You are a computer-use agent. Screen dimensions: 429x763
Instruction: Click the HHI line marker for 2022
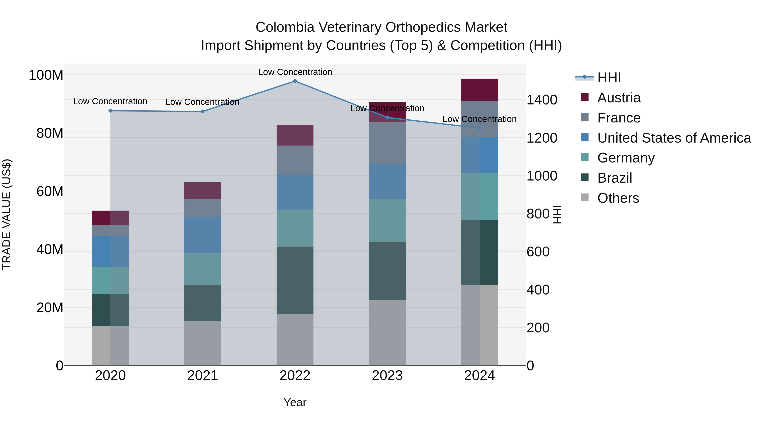pos(295,81)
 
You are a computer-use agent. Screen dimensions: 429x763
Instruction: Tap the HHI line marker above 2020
pos(110,111)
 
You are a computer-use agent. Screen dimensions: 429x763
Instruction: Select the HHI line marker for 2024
pos(480,128)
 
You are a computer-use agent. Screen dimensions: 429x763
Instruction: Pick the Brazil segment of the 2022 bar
pos(295,280)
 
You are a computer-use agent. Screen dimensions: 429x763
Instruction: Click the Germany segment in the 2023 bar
pos(387,220)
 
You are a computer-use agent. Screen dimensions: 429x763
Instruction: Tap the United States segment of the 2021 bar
pos(203,235)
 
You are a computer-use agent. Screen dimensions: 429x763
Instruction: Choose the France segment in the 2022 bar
pos(295,160)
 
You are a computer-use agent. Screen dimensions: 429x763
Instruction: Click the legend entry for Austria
pos(619,98)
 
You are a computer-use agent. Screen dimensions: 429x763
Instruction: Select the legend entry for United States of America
pos(674,138)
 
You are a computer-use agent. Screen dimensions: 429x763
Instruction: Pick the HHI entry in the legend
pos(609,78)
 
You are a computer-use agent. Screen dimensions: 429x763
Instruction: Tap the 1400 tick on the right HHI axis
pos(542,100)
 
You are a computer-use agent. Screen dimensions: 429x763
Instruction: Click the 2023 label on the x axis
pos(387,376)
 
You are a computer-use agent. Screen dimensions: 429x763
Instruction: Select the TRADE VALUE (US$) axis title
pos(7,214)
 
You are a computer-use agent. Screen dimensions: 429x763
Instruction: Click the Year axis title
pos(295,402)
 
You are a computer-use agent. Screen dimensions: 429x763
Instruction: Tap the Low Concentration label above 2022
pos(295,72)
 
